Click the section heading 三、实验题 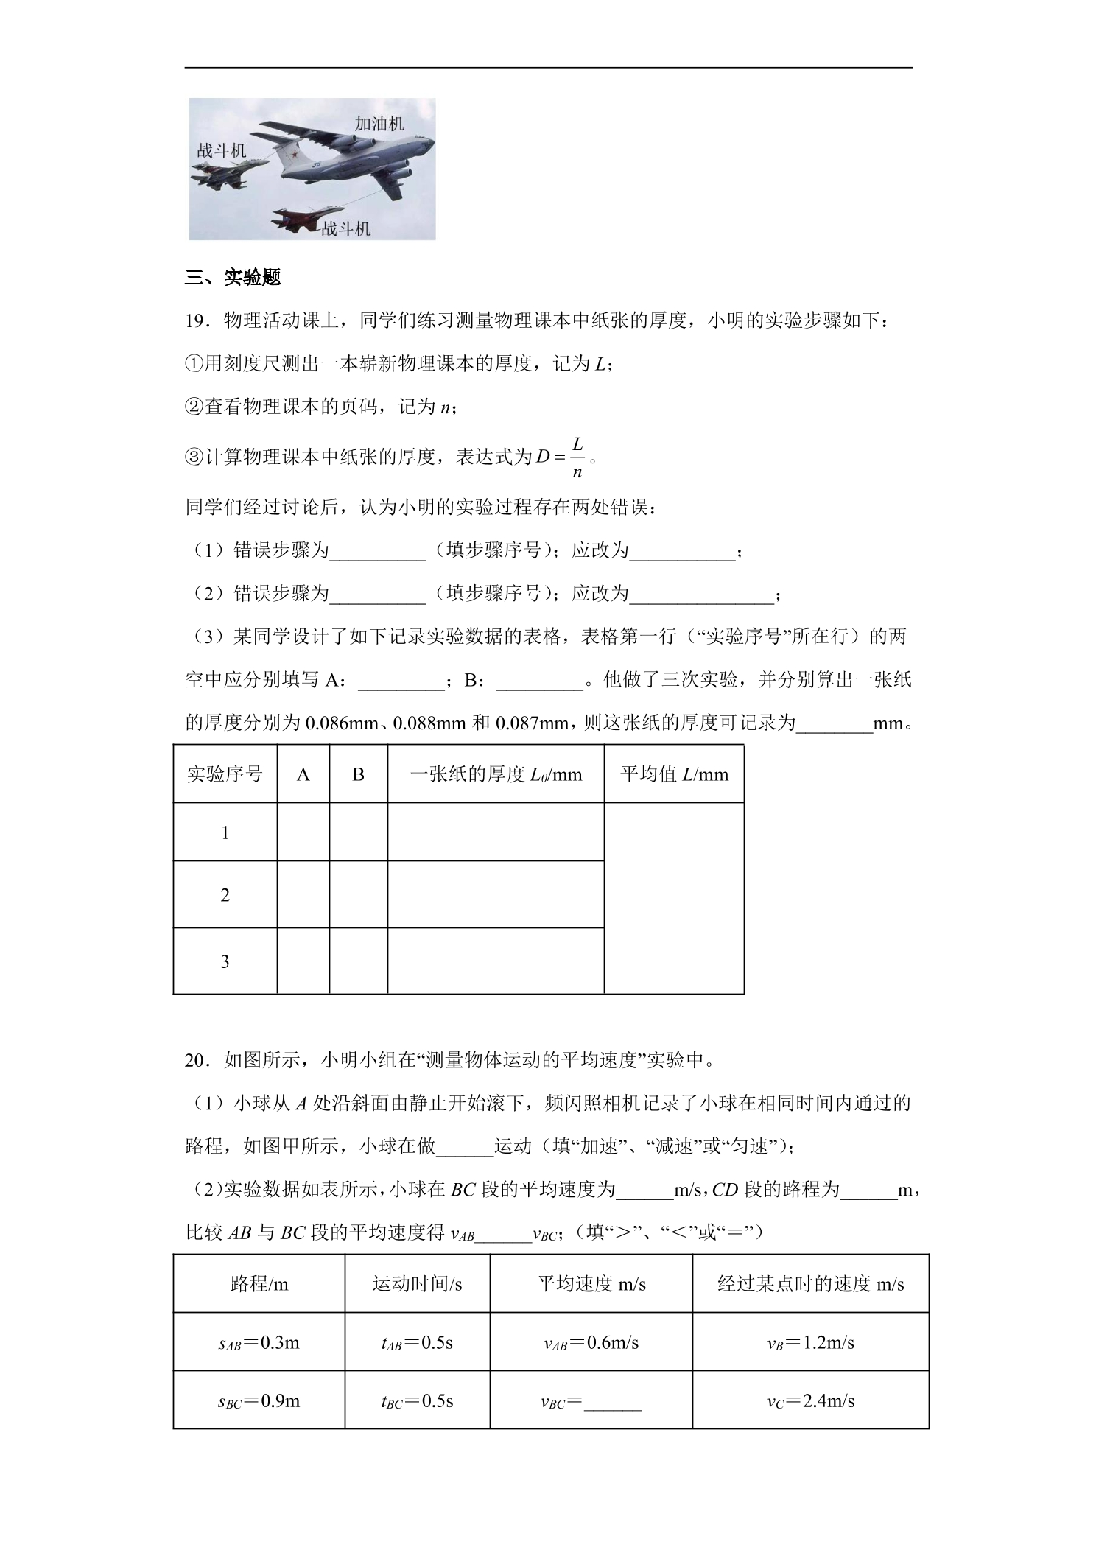[x=233, y=278]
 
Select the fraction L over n [x=577, y=457]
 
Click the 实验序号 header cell [x=225, y=774]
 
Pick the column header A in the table [x=303, y=774]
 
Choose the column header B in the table [x=358, y=774]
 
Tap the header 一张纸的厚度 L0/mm [x=495, y=774]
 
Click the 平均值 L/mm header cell [x=674, y=774]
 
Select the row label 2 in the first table [x=225, y=895]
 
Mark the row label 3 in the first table [x=225, y=961]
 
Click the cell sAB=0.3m [x=259, y=1343]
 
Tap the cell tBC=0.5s [x=417, y=1401]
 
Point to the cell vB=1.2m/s [x=810, y=1343]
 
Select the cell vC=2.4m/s [x=810, y=1401]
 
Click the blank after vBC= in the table [x=613, y=1403]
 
